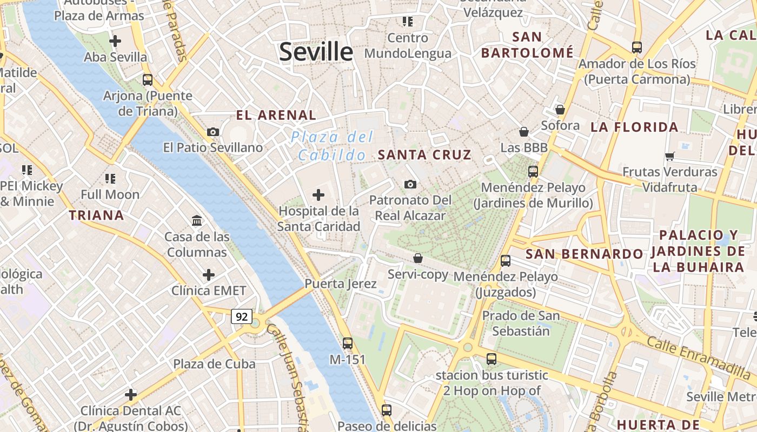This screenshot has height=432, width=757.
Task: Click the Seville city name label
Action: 316,52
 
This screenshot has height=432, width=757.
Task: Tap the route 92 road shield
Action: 241,316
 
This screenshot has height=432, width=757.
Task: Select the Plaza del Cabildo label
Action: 332,146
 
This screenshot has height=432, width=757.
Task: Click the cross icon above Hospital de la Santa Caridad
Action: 318,194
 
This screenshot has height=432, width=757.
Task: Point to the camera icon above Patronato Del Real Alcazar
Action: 410,185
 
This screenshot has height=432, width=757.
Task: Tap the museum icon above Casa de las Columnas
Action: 197,220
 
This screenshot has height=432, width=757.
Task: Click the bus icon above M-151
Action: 348,343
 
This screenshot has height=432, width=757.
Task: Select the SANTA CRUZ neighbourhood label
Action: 424,155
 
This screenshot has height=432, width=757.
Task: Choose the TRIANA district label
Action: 96,215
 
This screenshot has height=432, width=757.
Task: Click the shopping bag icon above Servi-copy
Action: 417,258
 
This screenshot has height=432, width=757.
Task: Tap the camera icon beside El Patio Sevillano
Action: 213,132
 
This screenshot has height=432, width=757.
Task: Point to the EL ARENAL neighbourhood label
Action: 276,115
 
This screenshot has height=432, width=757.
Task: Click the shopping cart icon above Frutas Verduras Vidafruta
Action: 670,156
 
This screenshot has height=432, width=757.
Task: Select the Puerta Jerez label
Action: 340,283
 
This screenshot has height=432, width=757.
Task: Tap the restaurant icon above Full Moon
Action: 110,178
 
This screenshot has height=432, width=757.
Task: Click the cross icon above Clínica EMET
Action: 209,275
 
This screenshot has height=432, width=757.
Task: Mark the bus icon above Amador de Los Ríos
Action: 637,48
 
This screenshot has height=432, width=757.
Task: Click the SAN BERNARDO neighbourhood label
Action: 585,254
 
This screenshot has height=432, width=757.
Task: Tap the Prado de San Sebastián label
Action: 521,323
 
